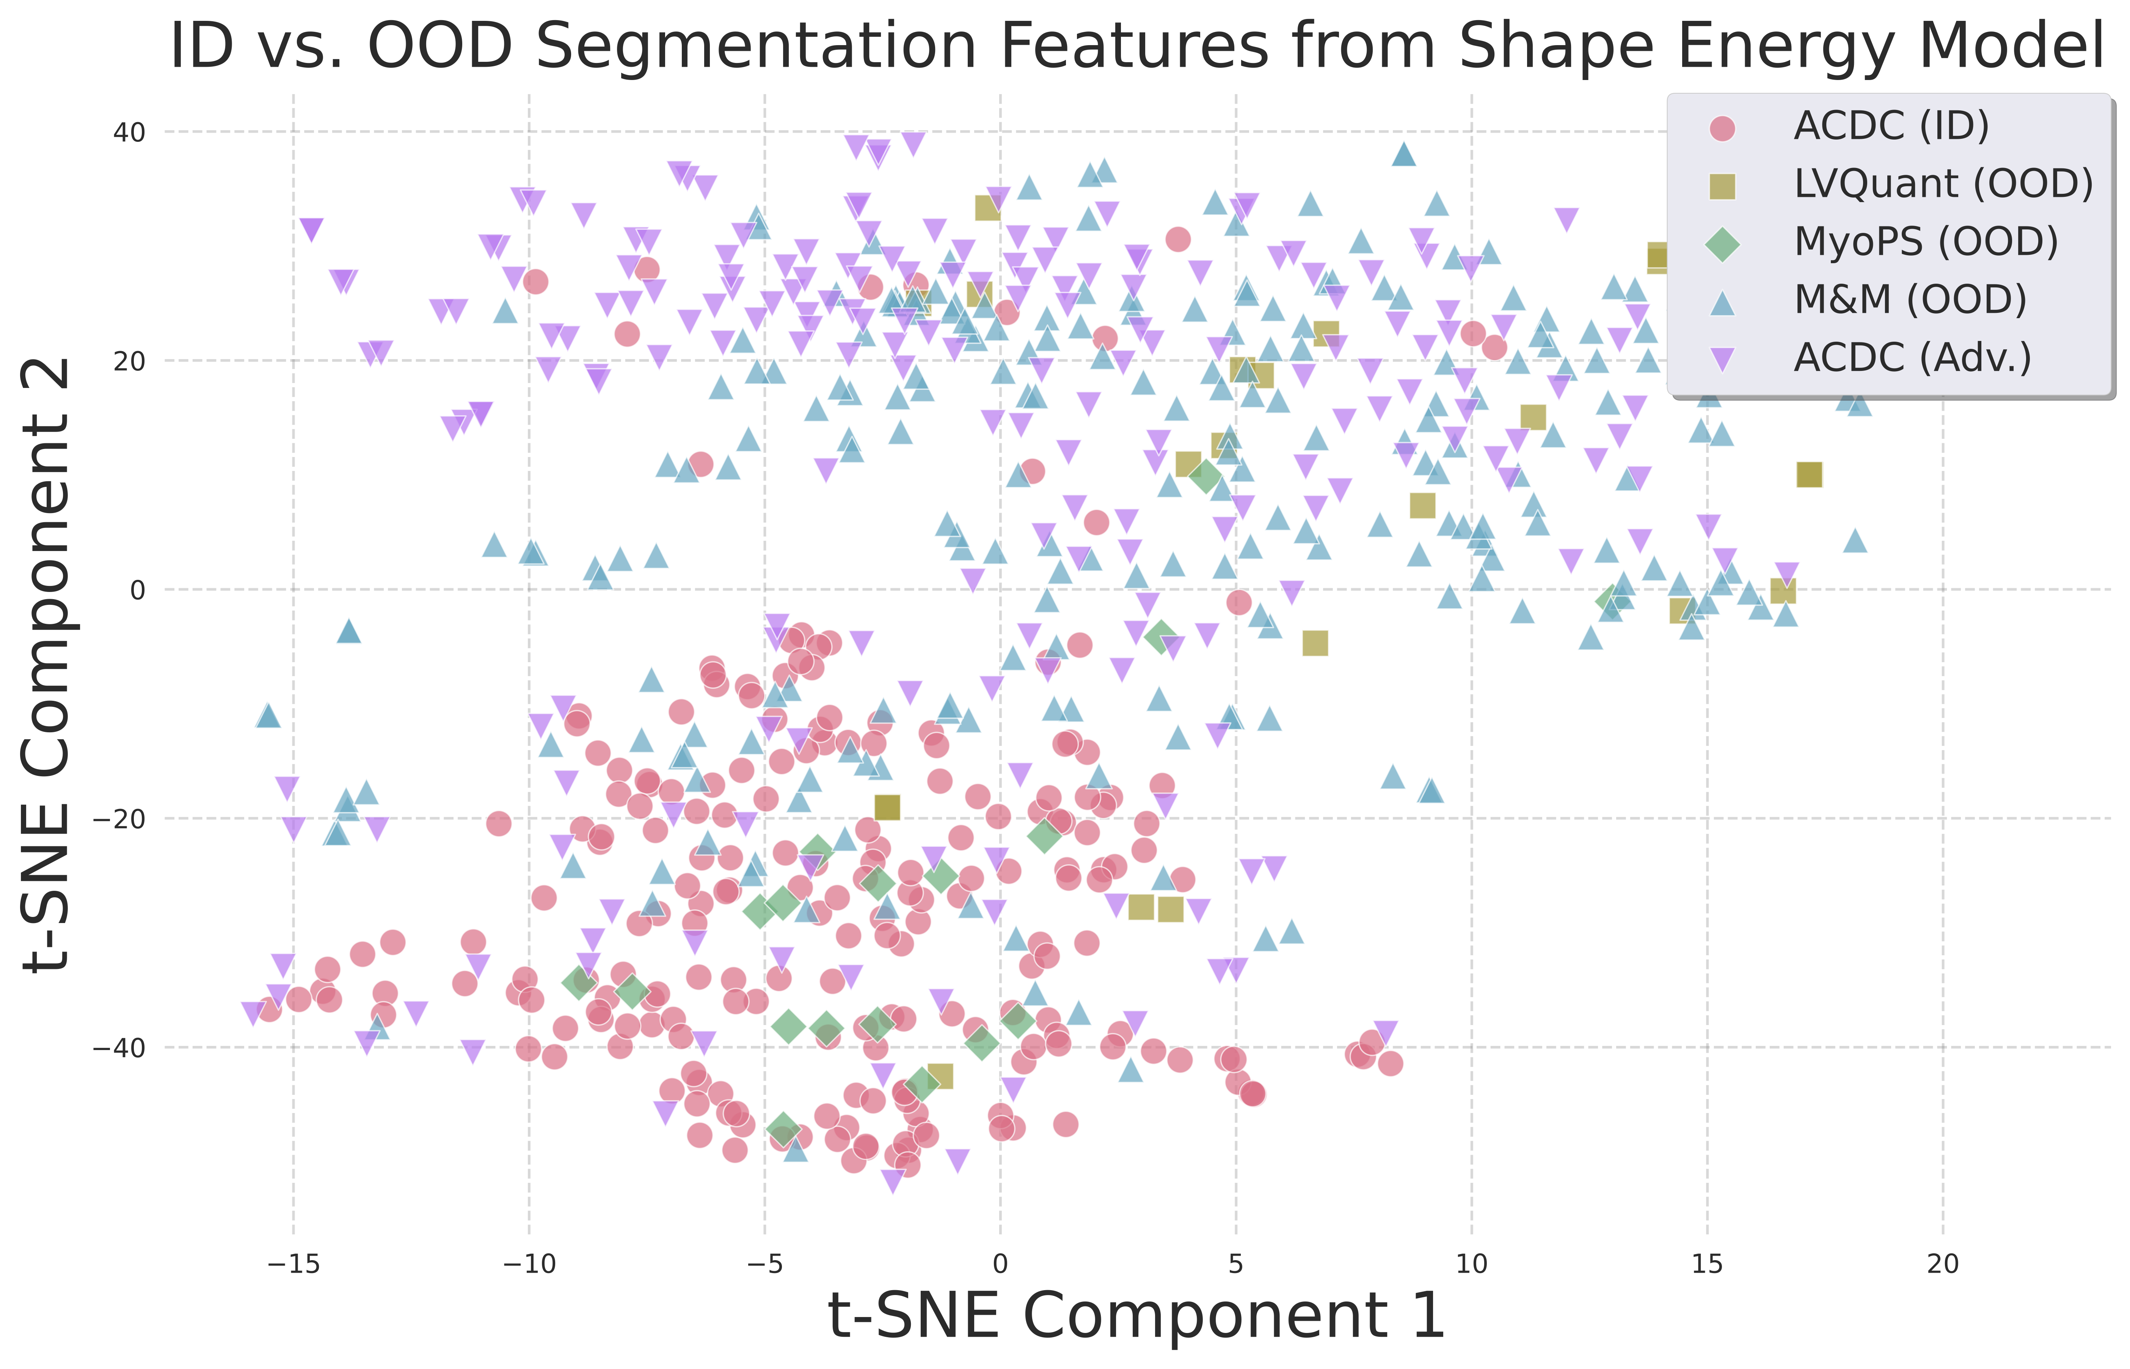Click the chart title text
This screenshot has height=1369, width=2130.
click(1136, 46)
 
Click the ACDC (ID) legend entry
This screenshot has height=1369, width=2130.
click(1891, 126)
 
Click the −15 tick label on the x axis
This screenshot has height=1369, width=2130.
click(294, 1264)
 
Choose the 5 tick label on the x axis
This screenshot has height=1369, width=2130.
click(1236, 1264)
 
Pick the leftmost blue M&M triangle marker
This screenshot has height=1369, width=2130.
click(268, 716)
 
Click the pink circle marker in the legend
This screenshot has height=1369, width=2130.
click(1722, 127)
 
